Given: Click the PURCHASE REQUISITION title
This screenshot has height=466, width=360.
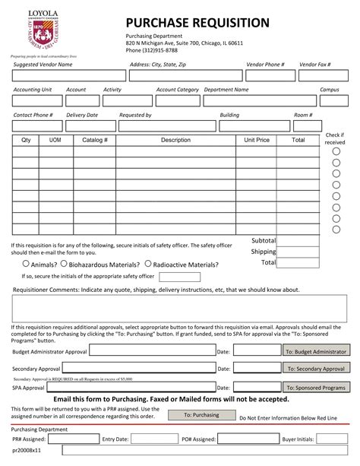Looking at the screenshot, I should click(x=197, y=23).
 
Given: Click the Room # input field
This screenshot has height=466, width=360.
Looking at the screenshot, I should click(x=304, y=125).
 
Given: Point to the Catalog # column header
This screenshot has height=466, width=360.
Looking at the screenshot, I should click(x=95, y=141).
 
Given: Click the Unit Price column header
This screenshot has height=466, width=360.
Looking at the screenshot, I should click(x=257, y=141).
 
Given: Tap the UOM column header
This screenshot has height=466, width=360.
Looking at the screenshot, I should click(x=55, y=141).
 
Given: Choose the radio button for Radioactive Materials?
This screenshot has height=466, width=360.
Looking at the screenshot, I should click(x=148, y=265).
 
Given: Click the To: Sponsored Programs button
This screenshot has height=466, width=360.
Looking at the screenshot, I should click(x=314, y=388).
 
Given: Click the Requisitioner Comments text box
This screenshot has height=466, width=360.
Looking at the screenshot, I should click(x=180, y=309).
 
